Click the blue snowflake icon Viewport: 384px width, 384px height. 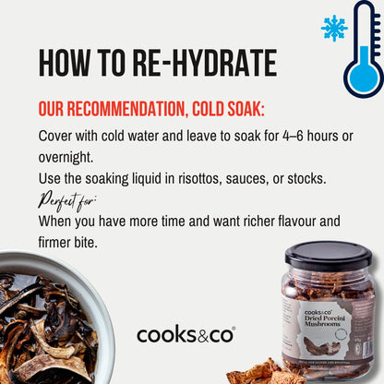tap(334, 28)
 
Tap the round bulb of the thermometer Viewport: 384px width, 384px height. tap(364, 78)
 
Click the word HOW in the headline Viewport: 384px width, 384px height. tap(65, 63)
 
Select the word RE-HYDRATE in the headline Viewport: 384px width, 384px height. tap(205, 63)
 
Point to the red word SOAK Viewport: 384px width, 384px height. tap(246, 109)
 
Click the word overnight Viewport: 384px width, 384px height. tap(66, 157)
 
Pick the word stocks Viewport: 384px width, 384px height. tap(306, 179)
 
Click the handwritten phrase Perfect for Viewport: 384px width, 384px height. tap(67, 201)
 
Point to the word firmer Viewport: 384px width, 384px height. tap(54, 242)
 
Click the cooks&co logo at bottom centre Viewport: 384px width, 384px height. tap(186, 335)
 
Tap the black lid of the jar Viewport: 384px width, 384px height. tap(329, 255)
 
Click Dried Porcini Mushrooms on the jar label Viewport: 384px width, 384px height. tap(325, 320)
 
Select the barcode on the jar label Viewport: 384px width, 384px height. tap(367, 347)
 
